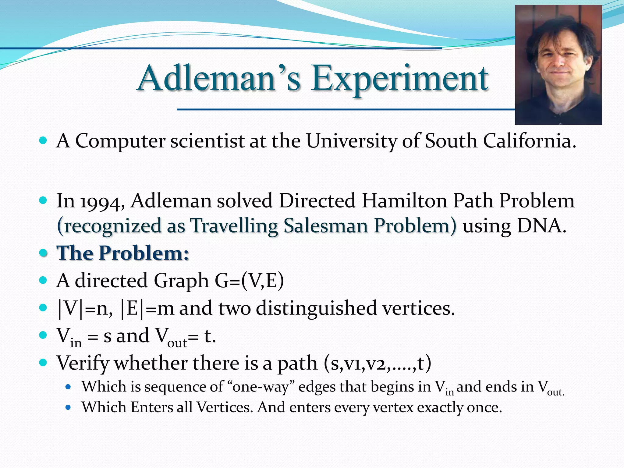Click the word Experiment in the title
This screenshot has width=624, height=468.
[x=399, y=79]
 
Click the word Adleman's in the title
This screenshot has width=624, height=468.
[x=219, y=79]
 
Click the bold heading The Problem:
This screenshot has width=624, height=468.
[x=123, y=253]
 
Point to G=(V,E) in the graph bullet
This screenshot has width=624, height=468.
[x=249, y=281]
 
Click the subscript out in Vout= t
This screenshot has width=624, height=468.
[x=177, y=343]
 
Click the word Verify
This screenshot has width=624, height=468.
[x=83, y=363]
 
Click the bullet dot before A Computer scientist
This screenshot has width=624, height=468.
[x=43, y=140]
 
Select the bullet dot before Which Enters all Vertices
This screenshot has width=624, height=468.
[x=68, y=407]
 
